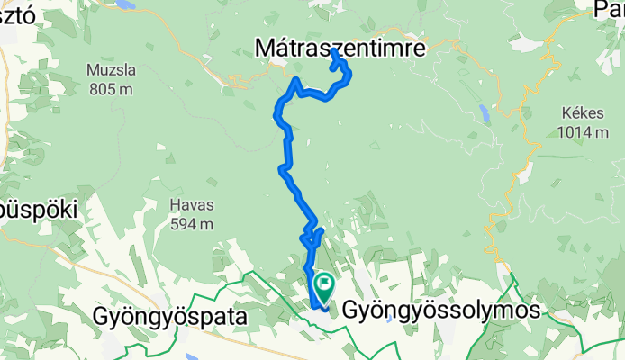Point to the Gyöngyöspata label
click(168, 316)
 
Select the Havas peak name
click(190, 204)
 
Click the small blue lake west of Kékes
click(485, 113)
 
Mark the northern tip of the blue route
click(334, 51)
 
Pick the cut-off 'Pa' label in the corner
click(610, 10)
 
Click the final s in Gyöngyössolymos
click(535, 311)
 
